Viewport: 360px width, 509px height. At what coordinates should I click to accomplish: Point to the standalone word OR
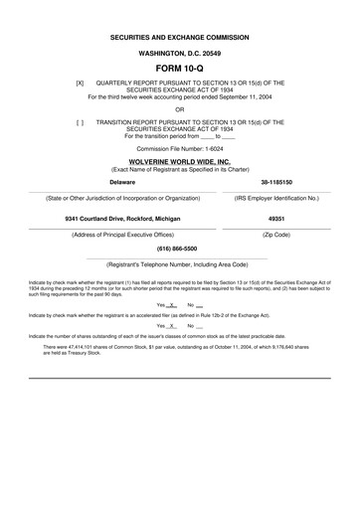point(180,108)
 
